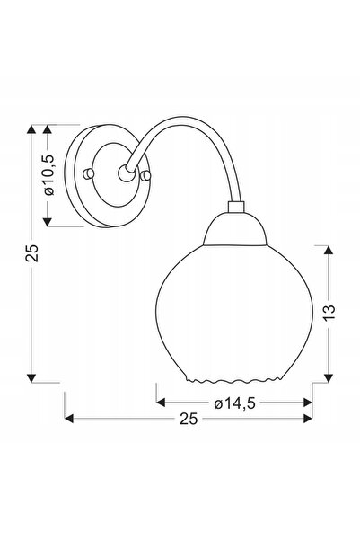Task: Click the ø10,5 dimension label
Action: pos(49,175)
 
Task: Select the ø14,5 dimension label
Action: pos(234,403)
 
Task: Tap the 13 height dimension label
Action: pos(329,313)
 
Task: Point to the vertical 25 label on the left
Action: pos(31,252)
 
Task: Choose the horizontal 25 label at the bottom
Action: pos(189,419)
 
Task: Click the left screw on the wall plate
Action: pos(89,173)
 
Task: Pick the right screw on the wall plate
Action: pos(146,175)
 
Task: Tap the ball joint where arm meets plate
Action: pos(126,173)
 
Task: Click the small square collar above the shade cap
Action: pos(236,207)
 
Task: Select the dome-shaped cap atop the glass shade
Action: pos(235,229)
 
